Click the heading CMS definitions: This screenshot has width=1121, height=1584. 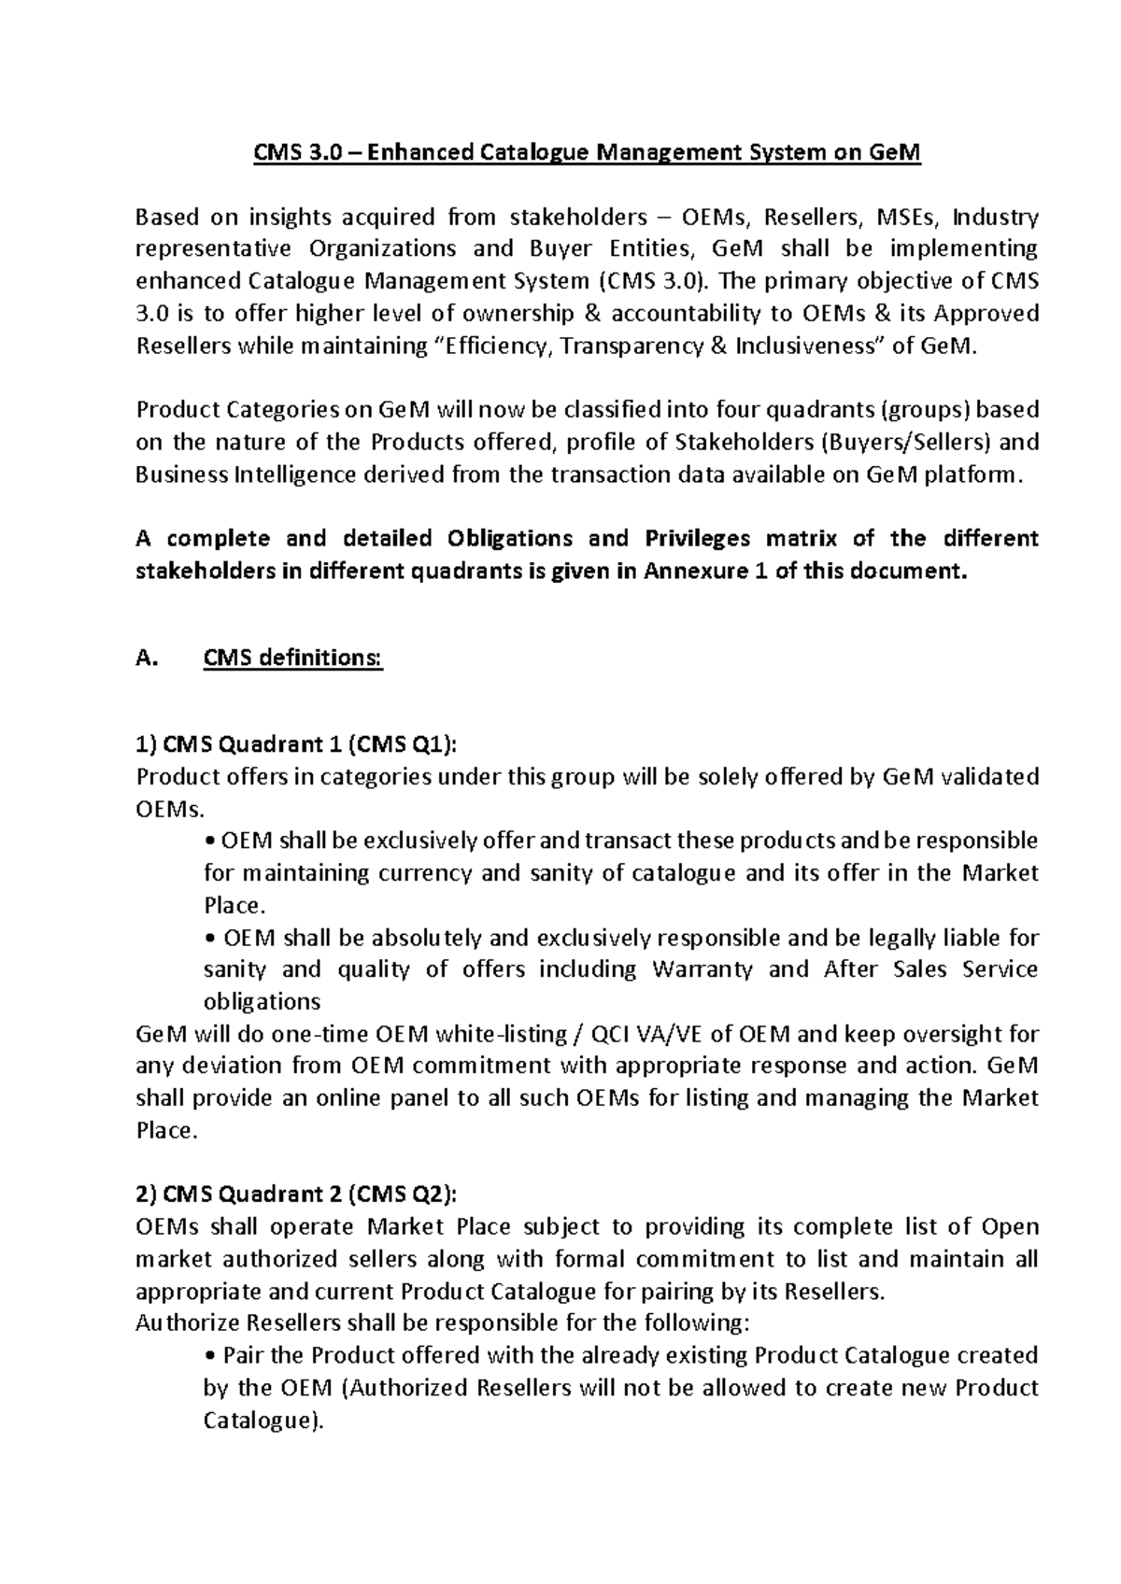pos(292,658)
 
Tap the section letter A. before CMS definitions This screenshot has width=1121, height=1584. pos(145,658)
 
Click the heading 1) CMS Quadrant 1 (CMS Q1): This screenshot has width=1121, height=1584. pos(298,744)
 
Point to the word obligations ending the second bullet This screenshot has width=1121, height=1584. pos(262,1002)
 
